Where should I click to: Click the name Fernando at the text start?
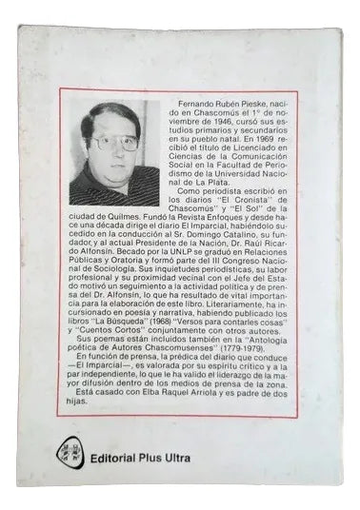pos(190,99)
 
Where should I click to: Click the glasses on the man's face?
pos(113,142)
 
